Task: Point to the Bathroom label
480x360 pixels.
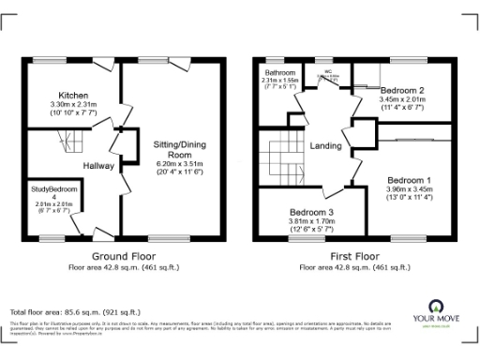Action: click(279, 72)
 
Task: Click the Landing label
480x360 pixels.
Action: click(324, 145)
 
